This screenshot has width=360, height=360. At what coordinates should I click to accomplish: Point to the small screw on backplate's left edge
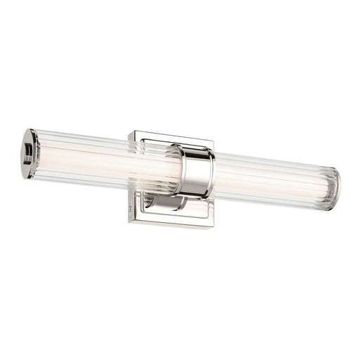pos(131,207)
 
